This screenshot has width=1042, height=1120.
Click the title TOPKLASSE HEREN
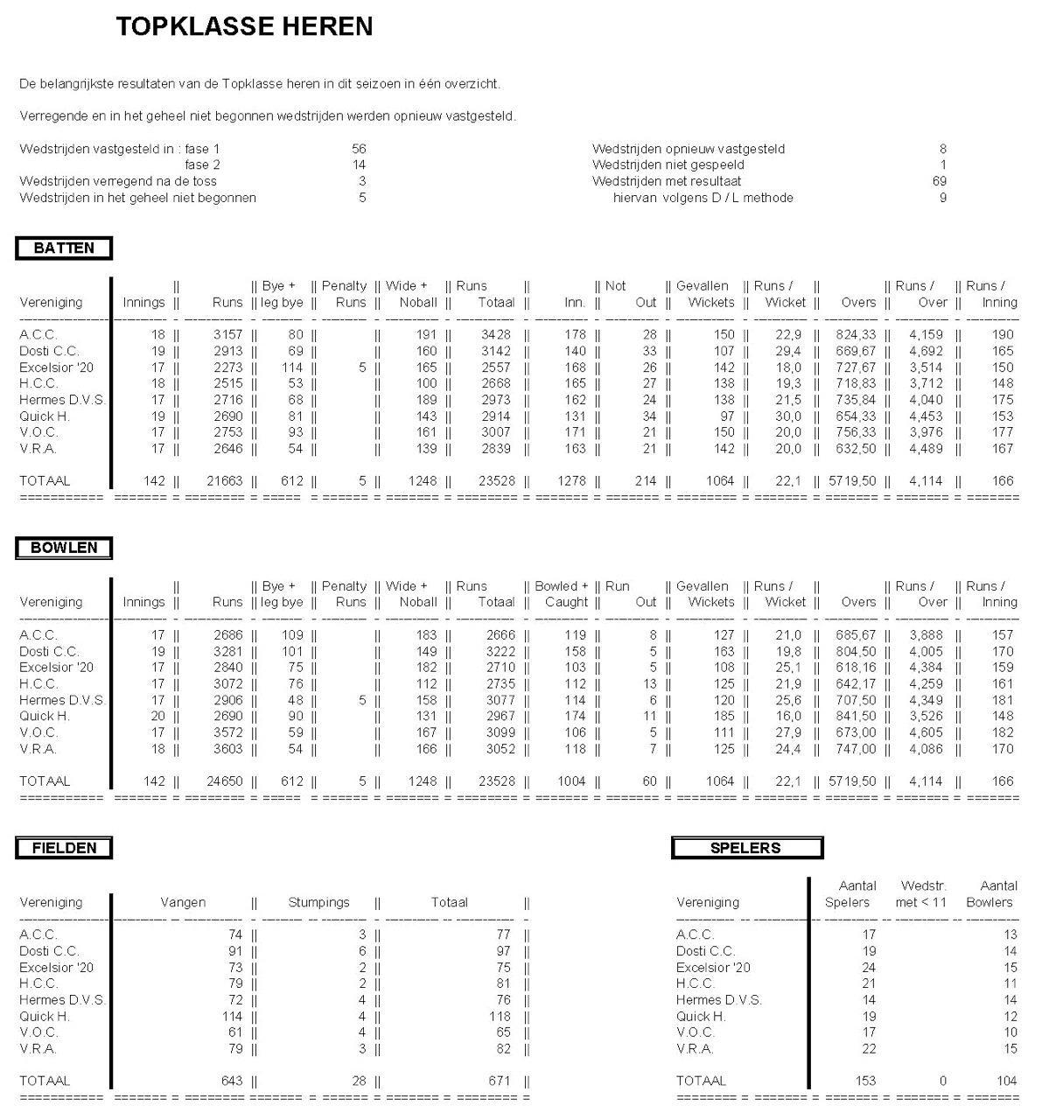[244, 27]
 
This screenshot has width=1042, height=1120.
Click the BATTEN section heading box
[64, 248]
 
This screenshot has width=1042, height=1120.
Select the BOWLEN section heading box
[64, 549]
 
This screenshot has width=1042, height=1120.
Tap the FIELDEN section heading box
[64, 848]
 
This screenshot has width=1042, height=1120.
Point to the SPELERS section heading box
[746, 848]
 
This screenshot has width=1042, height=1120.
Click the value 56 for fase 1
[359, 149]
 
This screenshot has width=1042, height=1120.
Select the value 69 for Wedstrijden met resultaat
[939, 181]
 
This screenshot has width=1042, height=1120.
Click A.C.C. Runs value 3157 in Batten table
[227, 334]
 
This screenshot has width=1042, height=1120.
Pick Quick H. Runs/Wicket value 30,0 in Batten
[787, 416]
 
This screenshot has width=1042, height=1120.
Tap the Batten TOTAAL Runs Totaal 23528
[497, 480]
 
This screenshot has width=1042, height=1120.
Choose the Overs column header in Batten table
[858, 303]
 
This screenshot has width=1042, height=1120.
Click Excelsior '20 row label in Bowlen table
[56, 668]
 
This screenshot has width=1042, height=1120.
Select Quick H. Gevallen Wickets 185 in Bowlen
[723, 717]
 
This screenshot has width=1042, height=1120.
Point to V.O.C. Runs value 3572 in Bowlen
[227, 732]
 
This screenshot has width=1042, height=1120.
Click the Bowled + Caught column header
[562, 594]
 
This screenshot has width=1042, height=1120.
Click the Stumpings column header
[318, 902]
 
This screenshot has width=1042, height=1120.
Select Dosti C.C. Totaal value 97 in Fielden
[501, 951]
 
